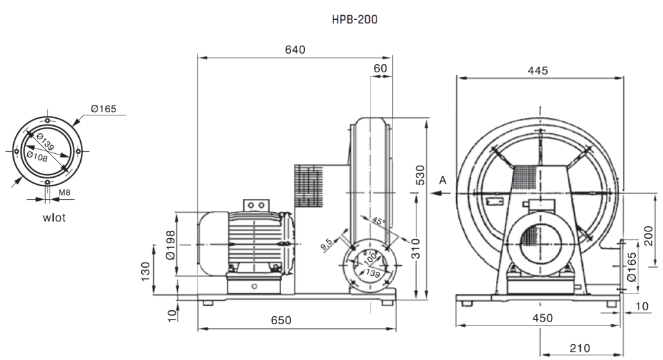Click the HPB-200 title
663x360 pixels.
click(x=355, y=19)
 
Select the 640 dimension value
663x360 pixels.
click(x=295, y=50)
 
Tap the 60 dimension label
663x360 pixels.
click(x=381, y=68)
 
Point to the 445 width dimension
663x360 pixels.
click(x=538, y=71)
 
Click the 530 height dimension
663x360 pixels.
click(x=420, y=175)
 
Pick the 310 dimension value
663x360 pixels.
click(x=416, y=249)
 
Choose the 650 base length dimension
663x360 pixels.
click(x=281, y=320)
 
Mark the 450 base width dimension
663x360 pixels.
click(x=542, y=318)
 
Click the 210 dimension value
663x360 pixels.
click(x=579, y=348)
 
